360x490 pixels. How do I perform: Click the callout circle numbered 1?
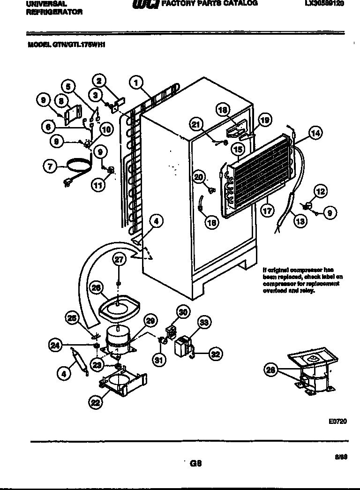coord(136,83)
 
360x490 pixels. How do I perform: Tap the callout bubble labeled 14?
coord(316,133)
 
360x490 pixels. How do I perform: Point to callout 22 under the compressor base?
coord(96,401)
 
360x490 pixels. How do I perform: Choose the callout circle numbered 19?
coord(265,120)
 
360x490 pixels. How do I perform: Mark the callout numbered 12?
coord(321,191)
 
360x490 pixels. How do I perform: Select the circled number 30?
coord(183,311)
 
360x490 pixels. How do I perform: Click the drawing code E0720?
coord(337,422)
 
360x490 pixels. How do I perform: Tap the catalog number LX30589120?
coord(324,3)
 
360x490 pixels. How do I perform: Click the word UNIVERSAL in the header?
coord(43,3)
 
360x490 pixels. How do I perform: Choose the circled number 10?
coord(106,130)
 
